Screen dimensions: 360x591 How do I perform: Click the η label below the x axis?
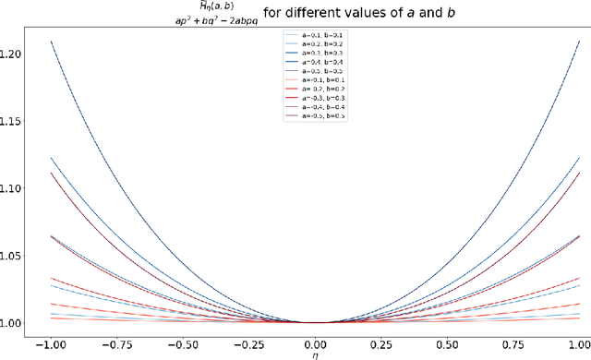click(315, 354)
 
